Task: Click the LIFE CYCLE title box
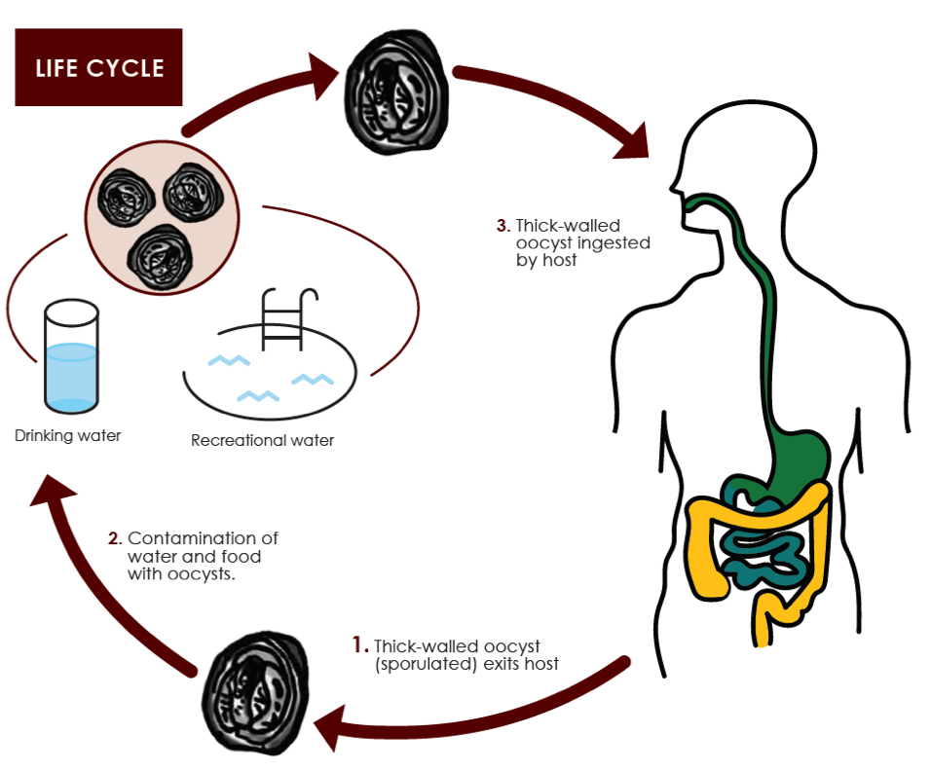pyautogui.click(x=98, y=67)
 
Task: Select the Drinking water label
pyautogui.click(x=68, y=435)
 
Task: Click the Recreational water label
pyautogui.click(x=262, y=440)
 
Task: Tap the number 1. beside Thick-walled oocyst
pyautogui.click(x=360, y=645)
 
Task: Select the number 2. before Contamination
pyautogui.click(x=114, y=538)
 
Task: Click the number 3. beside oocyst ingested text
pyautogui.click(x=503, y=225)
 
